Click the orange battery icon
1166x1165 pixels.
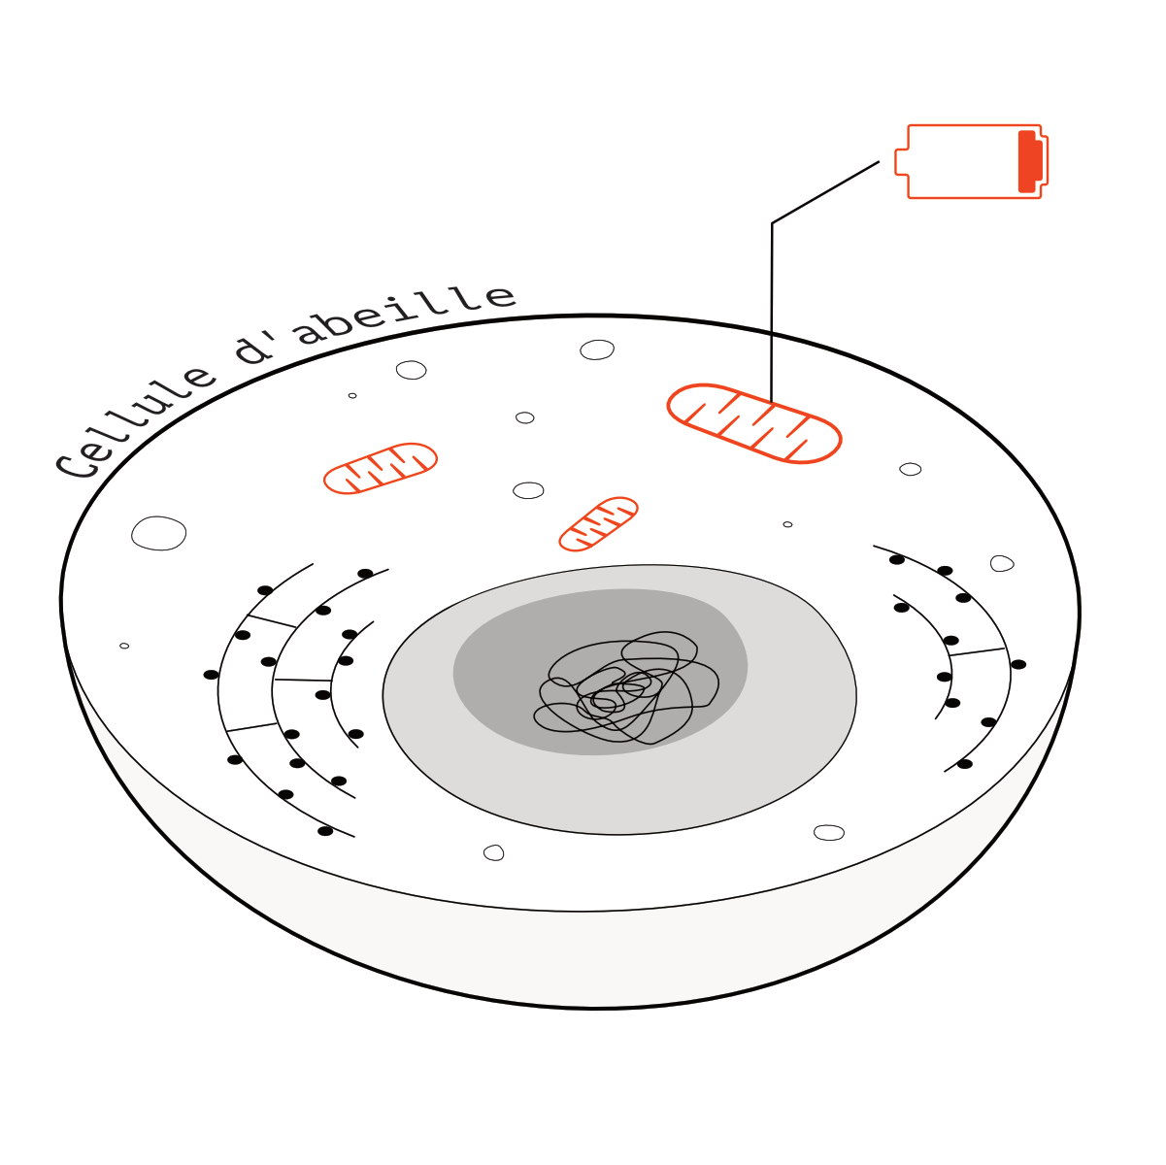coord(971,161)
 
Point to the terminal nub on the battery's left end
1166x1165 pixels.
coord(902,161)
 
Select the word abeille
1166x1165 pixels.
coord(407,313)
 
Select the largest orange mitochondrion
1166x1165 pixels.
coord(754,423)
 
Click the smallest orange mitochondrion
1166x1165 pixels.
coord(598,524)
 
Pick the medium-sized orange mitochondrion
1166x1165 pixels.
coord(380,468)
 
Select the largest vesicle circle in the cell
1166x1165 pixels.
coord(158,533)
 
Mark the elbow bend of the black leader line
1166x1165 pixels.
coord(772,223)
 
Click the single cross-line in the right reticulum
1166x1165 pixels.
coord(977,651)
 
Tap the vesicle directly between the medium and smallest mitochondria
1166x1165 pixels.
coord(528,490)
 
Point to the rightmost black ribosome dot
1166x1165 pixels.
coord(1018,664)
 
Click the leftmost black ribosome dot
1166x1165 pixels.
coord(211,674)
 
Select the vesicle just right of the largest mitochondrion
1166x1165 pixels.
coord(910,469)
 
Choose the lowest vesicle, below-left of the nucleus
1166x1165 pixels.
coord(494,852)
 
